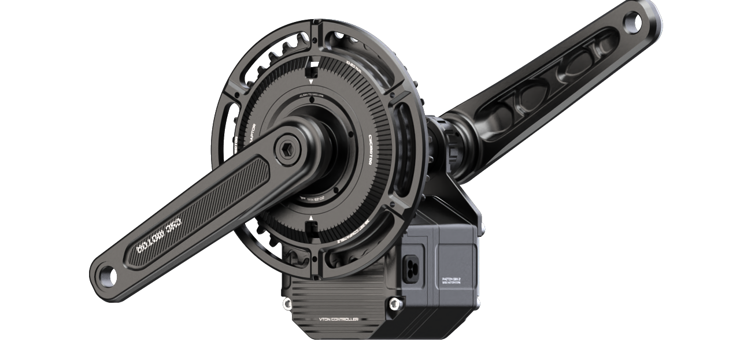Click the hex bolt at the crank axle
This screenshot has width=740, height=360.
[x=285, y=150]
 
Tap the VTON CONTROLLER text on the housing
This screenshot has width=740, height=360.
[x=339, y=319]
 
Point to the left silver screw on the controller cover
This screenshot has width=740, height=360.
[x=287, y=304]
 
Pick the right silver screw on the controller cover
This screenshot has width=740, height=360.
[x=395, y=303]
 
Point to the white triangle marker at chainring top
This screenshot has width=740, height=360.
[x=311, y=82]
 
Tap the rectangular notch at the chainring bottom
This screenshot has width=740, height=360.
[x=311, y=231]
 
